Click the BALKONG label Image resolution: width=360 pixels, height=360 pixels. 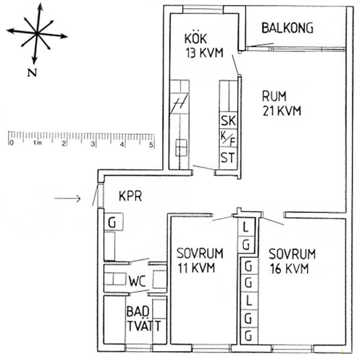287,28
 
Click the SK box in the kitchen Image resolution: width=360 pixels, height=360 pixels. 228,121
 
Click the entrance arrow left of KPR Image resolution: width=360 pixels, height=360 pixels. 67,198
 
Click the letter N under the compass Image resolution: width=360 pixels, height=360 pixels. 31,74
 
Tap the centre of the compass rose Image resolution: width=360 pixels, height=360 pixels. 36,33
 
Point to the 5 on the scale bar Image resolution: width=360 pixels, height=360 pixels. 151,144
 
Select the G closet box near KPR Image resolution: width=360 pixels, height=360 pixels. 111,222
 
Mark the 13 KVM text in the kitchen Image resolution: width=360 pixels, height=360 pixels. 203,52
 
